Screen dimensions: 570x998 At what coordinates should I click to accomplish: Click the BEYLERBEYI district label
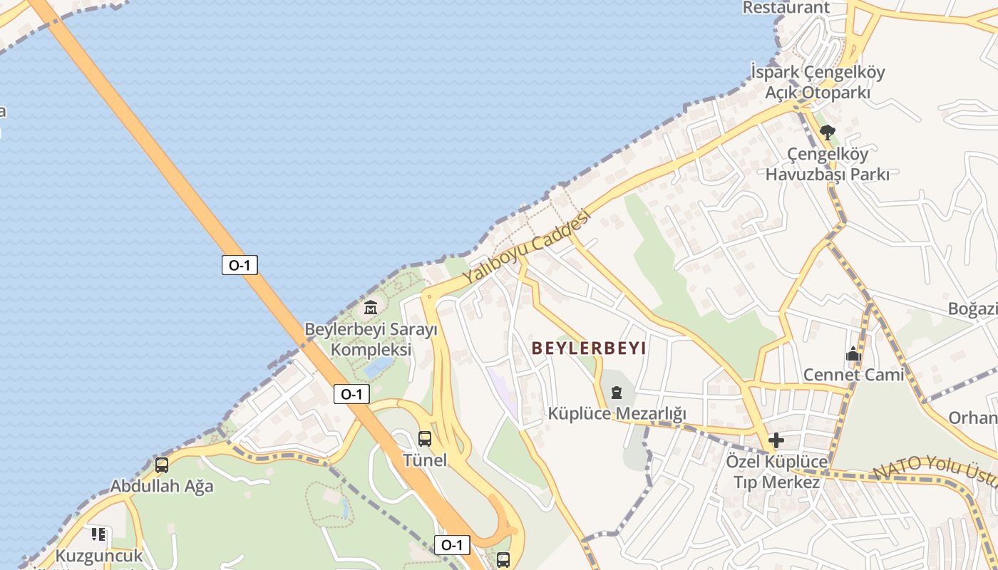click(x=589, y=348)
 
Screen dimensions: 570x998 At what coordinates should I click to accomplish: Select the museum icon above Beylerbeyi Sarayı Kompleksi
click(x=371, y=308)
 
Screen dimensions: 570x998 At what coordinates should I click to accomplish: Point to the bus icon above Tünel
click(x=425, y=439)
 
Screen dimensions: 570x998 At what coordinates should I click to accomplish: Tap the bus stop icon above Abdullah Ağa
click(x=162, y=465)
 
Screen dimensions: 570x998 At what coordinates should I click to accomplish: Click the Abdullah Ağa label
click(x=162, y=487)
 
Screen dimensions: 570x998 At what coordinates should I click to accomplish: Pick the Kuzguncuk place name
click(x=99, y=556)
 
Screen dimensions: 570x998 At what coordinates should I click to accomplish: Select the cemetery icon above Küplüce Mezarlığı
click(x=617, y=392)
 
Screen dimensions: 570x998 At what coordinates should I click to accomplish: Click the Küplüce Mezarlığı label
click(x=617, y=413)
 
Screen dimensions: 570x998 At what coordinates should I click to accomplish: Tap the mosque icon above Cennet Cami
click(x=853, y=354)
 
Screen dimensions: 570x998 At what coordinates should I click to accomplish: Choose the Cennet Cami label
click(x=853, y=375)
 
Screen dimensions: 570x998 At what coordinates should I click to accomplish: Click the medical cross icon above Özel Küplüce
click(x=776, y=440)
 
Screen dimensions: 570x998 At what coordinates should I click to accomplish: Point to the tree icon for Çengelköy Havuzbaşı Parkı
click(x=827, y=132)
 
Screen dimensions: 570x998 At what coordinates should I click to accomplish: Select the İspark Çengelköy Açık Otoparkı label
click(x=818, y=82)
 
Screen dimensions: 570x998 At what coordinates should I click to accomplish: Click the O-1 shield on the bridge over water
click(x=239, y=266)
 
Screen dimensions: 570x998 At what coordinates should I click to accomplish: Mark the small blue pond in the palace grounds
click(x=379, y=367)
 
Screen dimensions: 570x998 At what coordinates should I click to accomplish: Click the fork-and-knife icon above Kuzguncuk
click(x=98, y=534)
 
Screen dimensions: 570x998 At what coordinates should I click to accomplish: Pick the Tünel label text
click(x=425, y=460)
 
